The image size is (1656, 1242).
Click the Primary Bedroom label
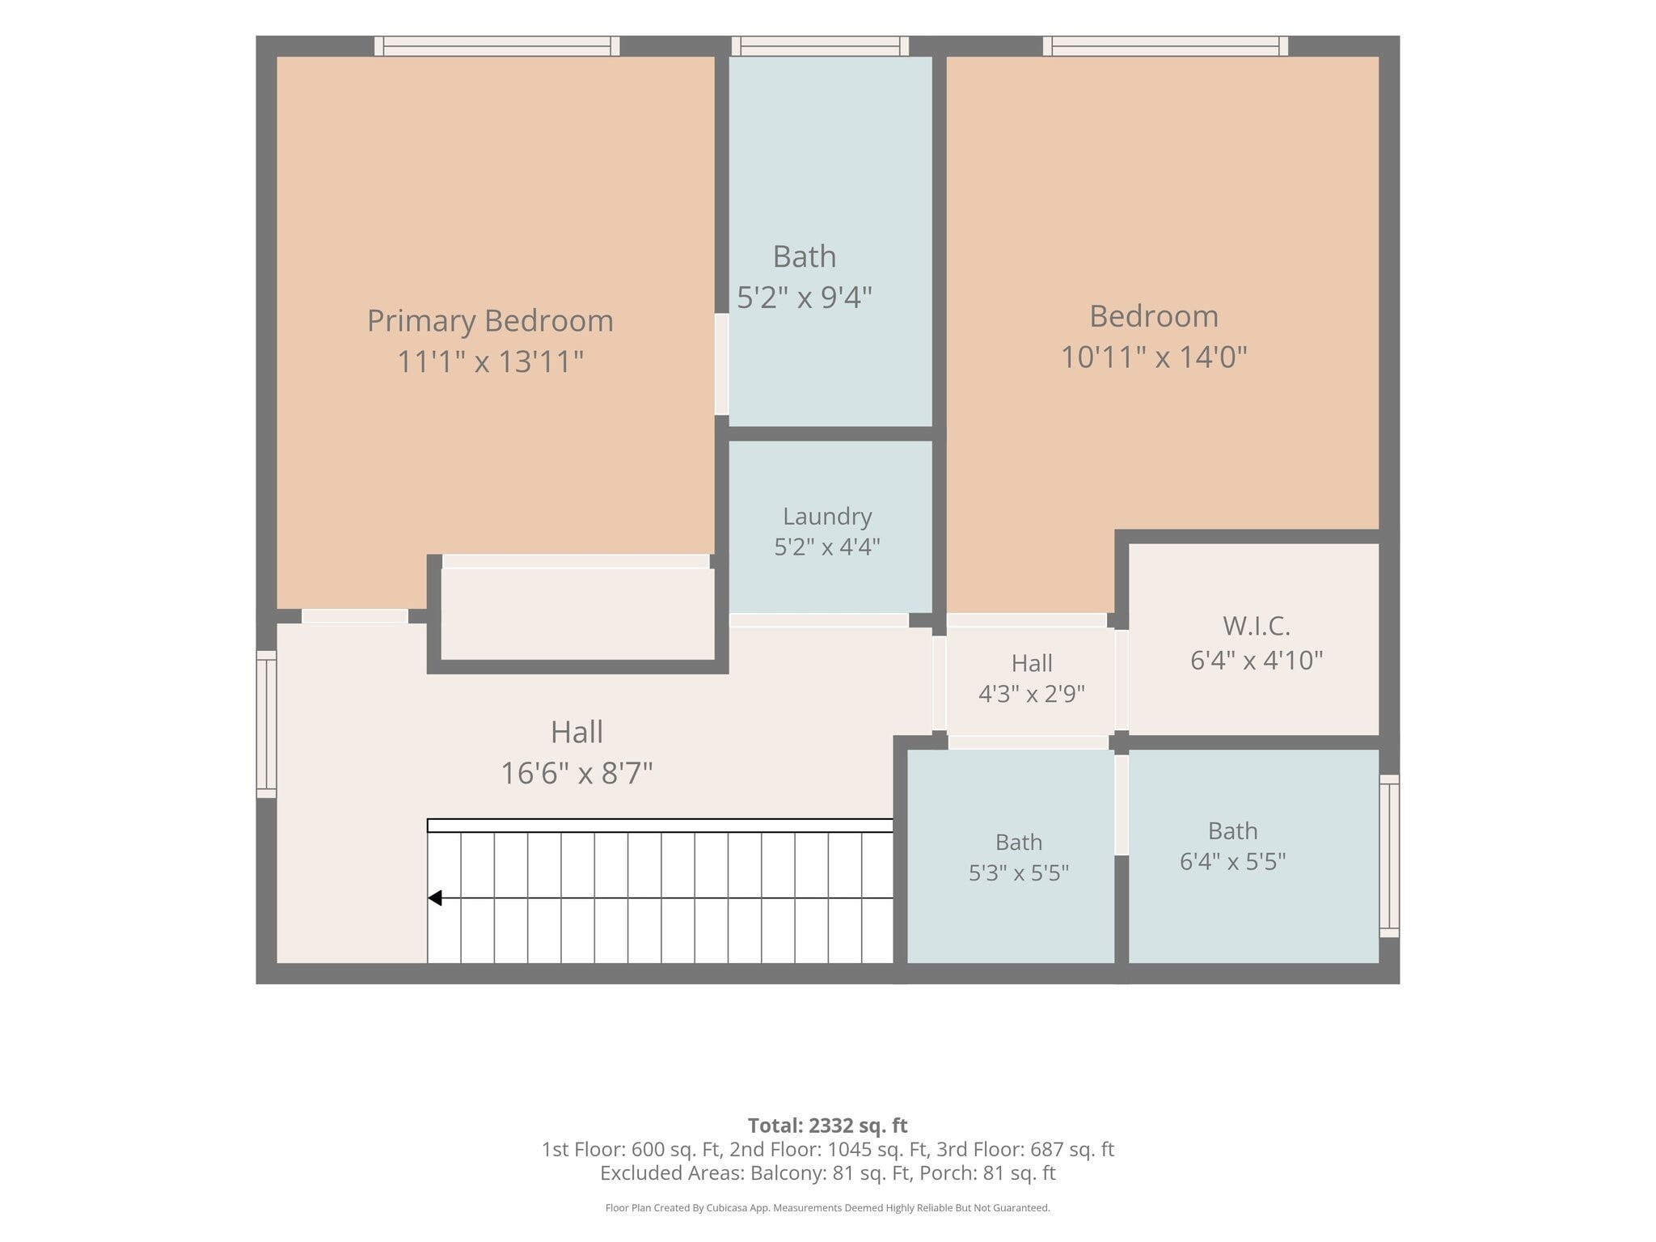[490, 321]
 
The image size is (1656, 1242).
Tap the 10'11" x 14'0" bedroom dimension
[1154, 357]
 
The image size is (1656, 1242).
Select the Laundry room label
[827, 516]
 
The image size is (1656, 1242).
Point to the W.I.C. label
[1257, 626]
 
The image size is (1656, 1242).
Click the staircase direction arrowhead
[435, 898]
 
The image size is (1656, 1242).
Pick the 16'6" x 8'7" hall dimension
[577, 773]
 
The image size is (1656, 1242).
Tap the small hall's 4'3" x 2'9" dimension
[1032, 694]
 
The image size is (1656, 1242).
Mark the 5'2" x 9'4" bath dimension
[805, 298]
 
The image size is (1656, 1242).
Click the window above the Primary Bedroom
[497, 46]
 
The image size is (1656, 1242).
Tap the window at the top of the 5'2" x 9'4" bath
[820, 46]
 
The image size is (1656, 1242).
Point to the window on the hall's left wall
[267, 724]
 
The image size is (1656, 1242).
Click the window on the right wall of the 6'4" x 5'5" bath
[1389, 855]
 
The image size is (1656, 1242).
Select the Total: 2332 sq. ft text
[828, 1126]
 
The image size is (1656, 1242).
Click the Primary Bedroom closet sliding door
[576, 561]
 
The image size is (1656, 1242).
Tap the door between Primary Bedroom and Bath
[721, 365]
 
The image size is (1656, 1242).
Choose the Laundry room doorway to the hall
[819, 620]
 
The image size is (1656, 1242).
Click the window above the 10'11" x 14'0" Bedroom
[1165, 46]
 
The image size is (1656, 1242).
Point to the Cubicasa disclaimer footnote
[828, 1208]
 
